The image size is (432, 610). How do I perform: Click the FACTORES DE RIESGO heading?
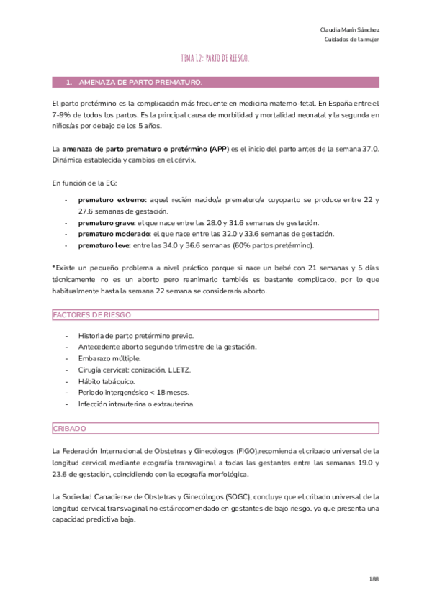pos(91,315)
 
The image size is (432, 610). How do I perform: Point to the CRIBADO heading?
pos(69,428)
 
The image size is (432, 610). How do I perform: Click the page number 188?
pos(374,578)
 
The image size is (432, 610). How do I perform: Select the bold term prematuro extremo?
pos(112,199)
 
